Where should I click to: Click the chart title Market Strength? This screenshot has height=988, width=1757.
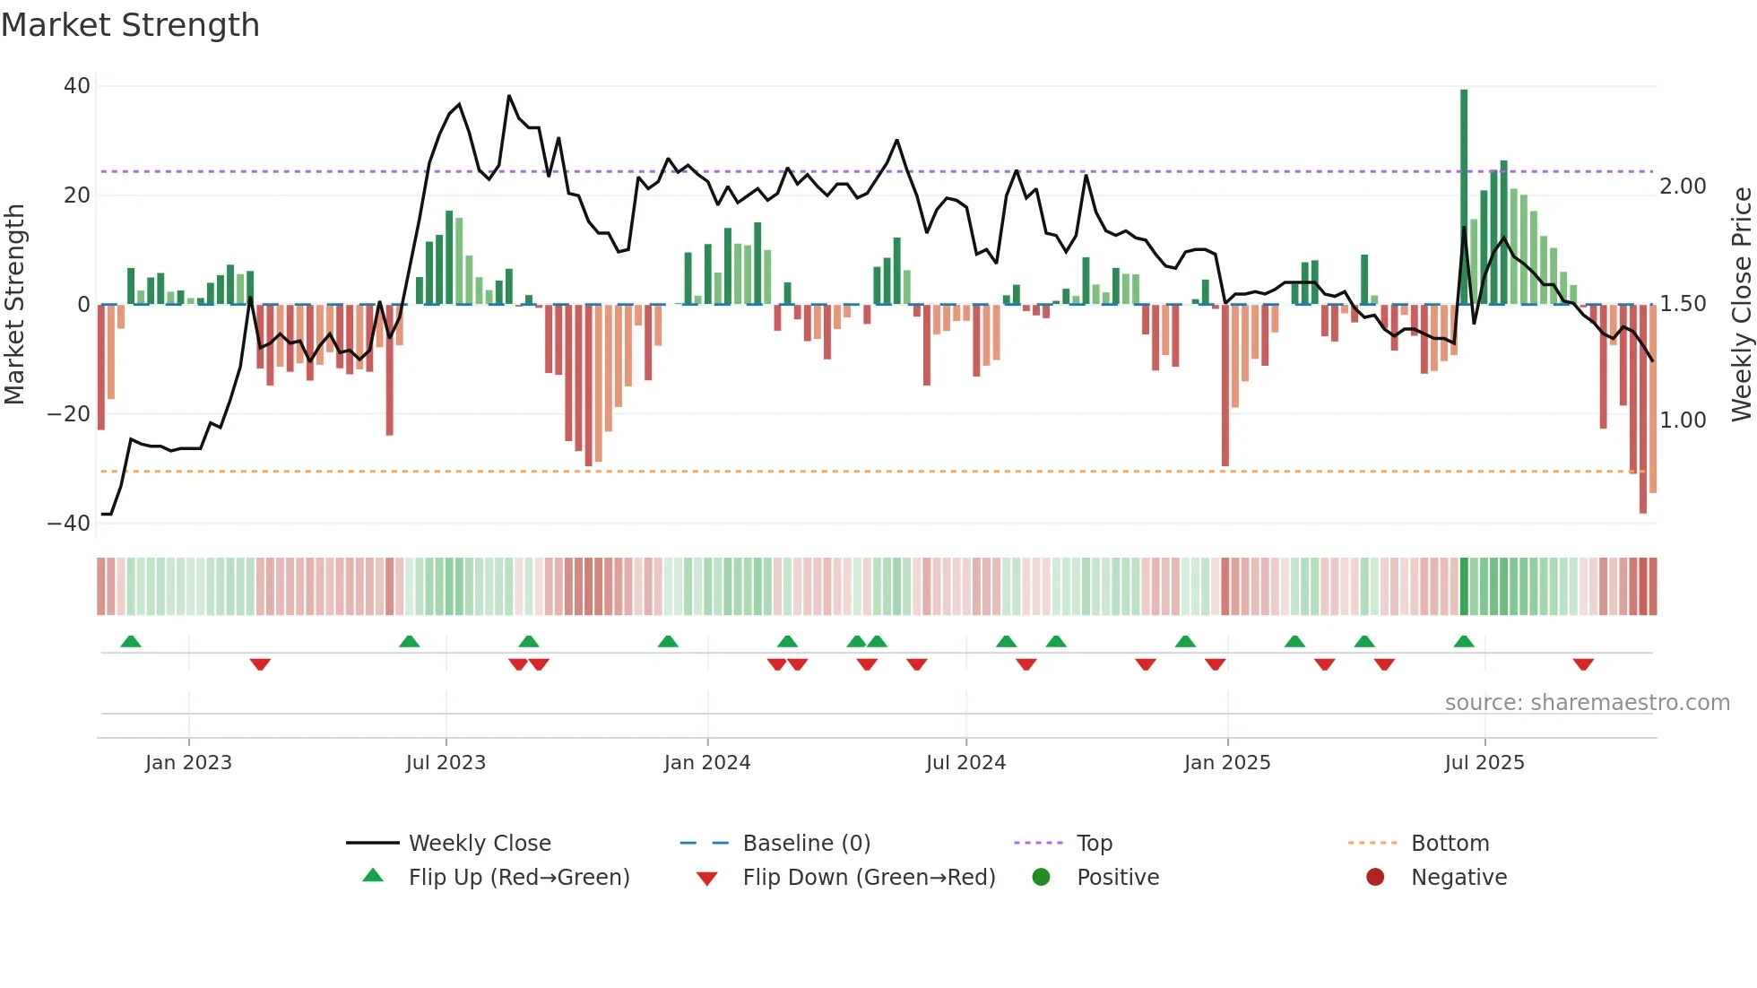pos(130,25)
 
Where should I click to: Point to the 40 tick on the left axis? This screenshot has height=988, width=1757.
pos(77,86)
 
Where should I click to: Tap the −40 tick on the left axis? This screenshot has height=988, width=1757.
pos(69,524)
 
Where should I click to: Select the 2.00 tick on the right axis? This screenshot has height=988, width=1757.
pos(1683,186)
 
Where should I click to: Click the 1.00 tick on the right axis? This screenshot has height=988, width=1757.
pos(1683,420)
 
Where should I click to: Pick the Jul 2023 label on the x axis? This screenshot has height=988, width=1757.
pos(446,763)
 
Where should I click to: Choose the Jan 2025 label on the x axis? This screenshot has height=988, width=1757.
pos(1226,763)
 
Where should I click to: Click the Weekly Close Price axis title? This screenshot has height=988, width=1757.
pos(1741,305)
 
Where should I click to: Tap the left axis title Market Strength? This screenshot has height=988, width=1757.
pos(14,305)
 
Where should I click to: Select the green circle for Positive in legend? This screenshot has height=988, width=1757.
pos(1041,877)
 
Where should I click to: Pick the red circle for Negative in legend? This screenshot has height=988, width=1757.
pos(1375,877)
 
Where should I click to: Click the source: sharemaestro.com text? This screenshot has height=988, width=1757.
pos(1587,703)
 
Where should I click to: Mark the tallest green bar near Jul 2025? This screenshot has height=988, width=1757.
pos(1464,197)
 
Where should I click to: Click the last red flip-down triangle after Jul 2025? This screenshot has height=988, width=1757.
pos(1583,664)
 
